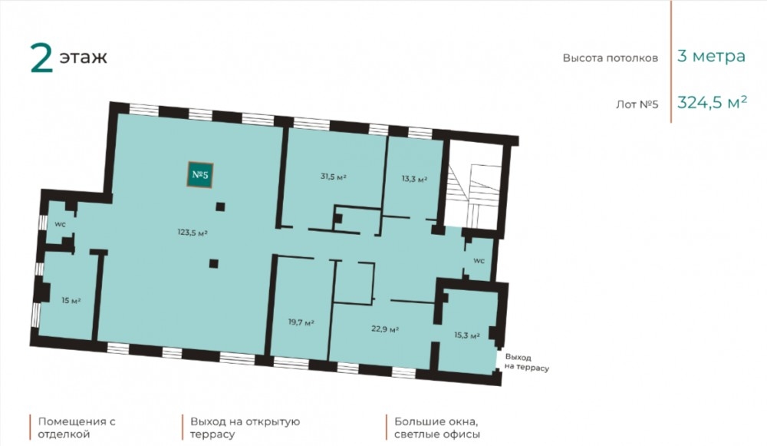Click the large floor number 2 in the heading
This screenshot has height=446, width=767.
(41, 58)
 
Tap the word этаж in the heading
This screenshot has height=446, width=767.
(83, 58)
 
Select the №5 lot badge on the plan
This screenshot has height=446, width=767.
(200, 174)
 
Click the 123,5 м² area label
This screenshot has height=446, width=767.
(193, 233)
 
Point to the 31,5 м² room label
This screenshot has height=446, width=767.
(334, 177)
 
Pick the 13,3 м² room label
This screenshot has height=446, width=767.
(414, 179)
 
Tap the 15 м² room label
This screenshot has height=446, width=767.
(71, 300)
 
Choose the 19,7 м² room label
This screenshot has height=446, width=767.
(301, 322)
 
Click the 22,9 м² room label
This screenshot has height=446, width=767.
(385, 329)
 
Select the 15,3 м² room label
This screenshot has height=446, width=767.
(466, 335)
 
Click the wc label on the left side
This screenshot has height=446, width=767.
(60, 224)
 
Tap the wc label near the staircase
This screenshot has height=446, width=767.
(479, 260)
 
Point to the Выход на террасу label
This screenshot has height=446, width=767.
(526, 363)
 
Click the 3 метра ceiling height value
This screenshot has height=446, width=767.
(711, 56)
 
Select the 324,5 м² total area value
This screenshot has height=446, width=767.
(713, 102)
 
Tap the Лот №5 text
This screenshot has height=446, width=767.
(637, 104)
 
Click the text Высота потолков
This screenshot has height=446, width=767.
(610, 58)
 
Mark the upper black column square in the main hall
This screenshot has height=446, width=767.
(220, 206)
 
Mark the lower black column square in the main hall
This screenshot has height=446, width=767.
(214, 263)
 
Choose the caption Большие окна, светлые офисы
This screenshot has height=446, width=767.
(437, 428)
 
